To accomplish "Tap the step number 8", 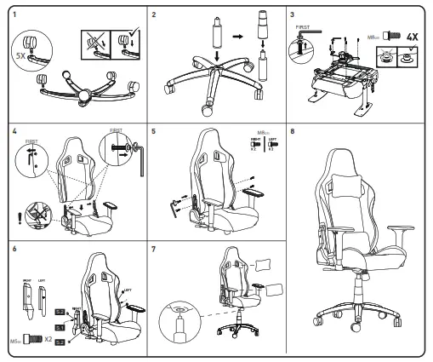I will (293, 133).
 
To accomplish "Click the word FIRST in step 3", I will (301, 27).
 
